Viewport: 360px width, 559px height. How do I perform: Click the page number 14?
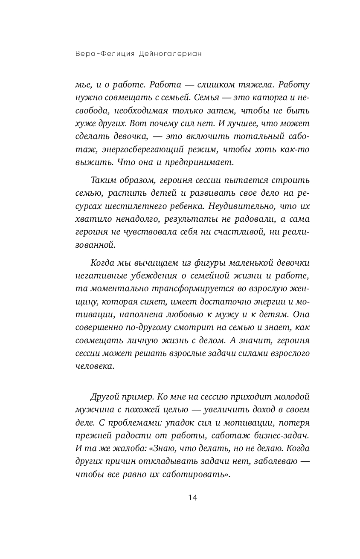point(180,498)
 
